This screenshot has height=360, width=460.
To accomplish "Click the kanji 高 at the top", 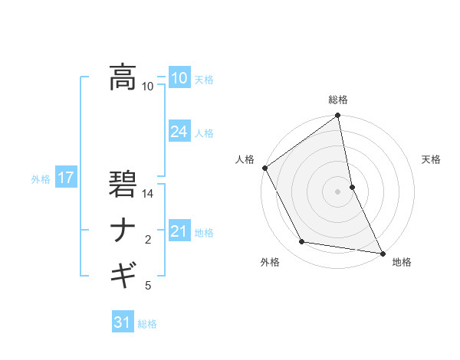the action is (123, 77).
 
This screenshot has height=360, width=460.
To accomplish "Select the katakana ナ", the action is (123, 231).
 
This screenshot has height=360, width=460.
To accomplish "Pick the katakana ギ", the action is (123, 273).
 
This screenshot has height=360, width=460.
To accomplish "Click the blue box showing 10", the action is (179, 79).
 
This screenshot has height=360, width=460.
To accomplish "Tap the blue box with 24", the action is (179, 132).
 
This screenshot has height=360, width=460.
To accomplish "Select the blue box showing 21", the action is (179, 231).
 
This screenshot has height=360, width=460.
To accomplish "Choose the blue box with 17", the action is (65, 178).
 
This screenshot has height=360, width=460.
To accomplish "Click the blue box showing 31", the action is (123, 322).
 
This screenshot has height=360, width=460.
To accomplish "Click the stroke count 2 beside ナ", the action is (148, 240).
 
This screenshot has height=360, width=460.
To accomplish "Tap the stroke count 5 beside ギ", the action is (148, 286).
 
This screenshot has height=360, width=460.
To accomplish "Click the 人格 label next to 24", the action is (204, 133).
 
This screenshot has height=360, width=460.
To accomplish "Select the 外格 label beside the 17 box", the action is (41, 179).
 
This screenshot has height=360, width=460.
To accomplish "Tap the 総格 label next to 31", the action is (147, 324).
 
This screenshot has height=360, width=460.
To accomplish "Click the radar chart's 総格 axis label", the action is (338, 100).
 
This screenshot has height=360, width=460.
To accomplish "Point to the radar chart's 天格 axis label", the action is (432, 159).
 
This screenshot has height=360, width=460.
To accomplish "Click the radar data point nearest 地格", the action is (382, 252).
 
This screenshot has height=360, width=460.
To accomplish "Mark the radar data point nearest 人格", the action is (265, 168).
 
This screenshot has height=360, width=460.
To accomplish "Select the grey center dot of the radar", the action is (338, 191).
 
